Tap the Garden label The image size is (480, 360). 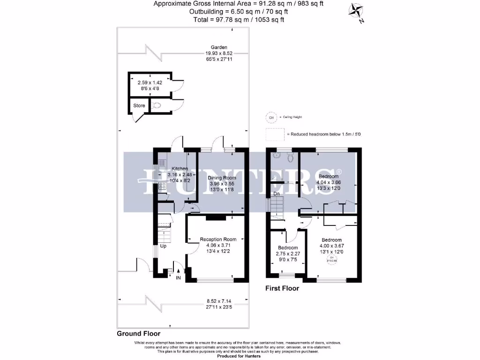click(219, 47)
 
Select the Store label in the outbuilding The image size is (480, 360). click(139, 105)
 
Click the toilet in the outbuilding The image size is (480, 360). click(157, 105)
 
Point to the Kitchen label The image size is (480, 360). click(180, 169)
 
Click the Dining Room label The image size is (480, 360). click(222, 178)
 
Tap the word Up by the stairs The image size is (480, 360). click(163, 246)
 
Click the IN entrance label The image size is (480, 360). click(178, 278)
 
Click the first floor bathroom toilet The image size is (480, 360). click(291, 158)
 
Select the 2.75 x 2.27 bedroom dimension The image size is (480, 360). click(287, 254)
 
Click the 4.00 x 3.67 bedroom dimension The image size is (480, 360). click(331, 246)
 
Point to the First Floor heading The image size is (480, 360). click(282, 288)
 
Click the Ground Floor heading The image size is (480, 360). click(136, 334)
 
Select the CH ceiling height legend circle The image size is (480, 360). click(270, 117)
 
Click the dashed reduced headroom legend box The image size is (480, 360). click(275, 134)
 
